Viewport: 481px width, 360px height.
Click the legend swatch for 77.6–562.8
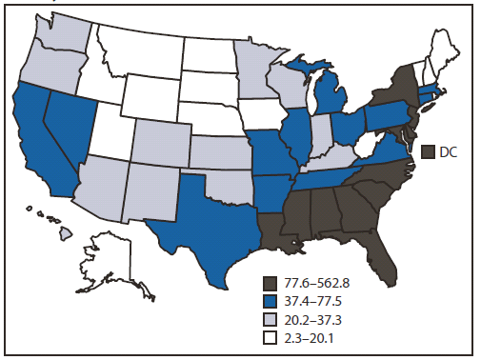coord(271,283)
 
